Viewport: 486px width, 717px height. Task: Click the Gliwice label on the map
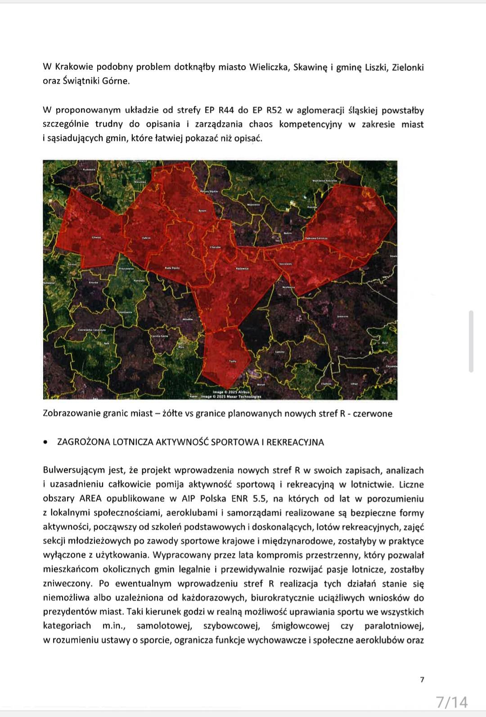[x=97, y=237]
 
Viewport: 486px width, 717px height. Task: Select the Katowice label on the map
[x=243, y=269]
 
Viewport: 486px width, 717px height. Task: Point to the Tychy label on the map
[x=233, y=361]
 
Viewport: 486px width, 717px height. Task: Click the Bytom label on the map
[x=202, y=211]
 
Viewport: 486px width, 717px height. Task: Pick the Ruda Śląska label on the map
[x=172, y=268]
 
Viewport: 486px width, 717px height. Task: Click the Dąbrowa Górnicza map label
[x=316, y=238]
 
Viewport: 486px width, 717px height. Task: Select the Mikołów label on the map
[x=187, y=319]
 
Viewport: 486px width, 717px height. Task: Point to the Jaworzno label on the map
[x=343, y=316]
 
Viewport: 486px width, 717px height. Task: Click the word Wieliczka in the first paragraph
[x=268, y=67]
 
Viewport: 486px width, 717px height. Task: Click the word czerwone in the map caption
[x=373, y=413]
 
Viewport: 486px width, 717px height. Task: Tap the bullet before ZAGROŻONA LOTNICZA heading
[x=45, y=442]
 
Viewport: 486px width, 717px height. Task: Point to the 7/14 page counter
[x=452, y=702]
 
